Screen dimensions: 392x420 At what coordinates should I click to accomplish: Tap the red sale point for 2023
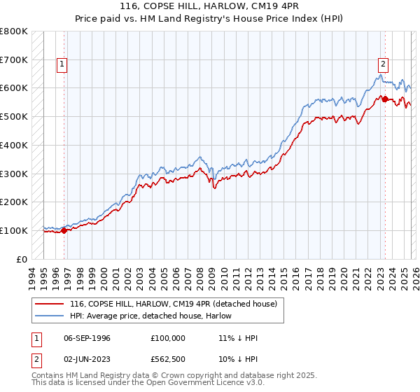(384, 99)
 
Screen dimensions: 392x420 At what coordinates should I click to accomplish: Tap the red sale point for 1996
(64, 230)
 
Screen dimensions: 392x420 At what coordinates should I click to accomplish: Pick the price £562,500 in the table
(167, 359)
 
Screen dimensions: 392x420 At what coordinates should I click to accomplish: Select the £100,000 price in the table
(167, 338)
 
